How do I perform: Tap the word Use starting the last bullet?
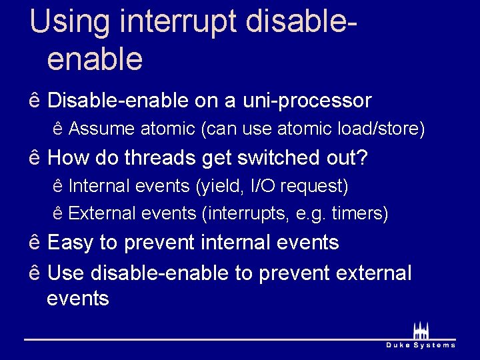point(66,273)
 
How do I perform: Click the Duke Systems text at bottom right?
point(421,345)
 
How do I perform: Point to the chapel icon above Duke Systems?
point(421,330)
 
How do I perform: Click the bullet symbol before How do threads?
point(35,158)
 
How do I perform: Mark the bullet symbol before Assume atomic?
point(57,129)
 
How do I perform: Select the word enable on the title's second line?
point(95,59)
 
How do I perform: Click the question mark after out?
point(363,158)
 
